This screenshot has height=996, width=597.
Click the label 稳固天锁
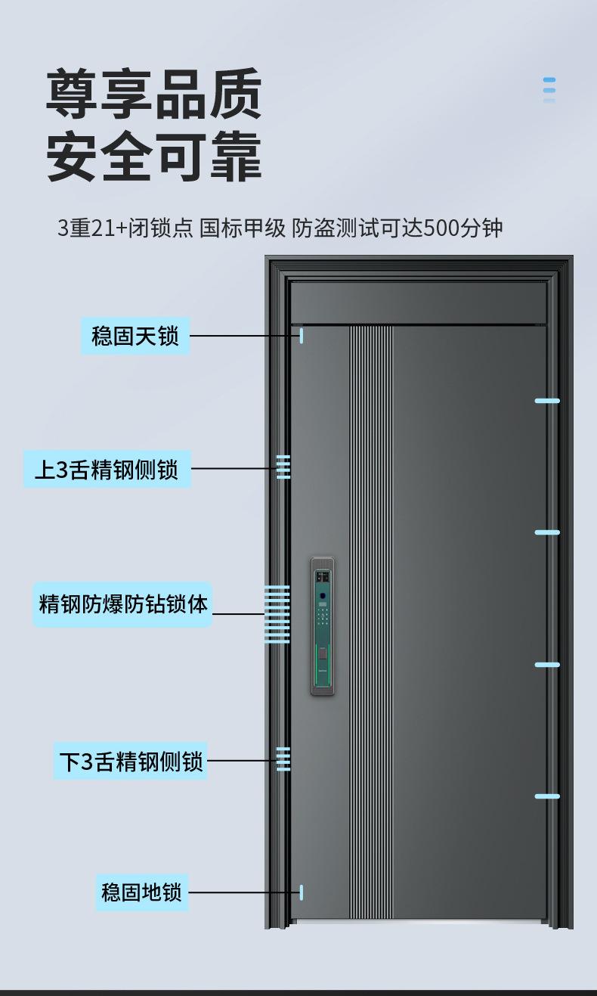(x=135, y=336)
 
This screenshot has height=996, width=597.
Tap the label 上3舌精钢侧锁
(x=107, y=469)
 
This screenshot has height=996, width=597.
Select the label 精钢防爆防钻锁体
(x=122, y=604)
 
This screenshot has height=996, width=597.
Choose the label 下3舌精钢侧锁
(x=131, y=761)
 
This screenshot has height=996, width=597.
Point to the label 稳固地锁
(x=141, y=892)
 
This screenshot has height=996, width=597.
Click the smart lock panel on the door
(x=322, y=626)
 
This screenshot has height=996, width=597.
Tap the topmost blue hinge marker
(x=547, y=401)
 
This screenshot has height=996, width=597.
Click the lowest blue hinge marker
(x=547, y=796)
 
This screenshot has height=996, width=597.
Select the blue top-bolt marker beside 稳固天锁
(x=302, y=336)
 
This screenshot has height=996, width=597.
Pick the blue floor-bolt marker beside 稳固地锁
(x=302, y=892)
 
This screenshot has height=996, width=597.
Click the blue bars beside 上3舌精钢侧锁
(x=283, y=467)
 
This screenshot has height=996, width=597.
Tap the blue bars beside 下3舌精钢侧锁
(x=283, y=759)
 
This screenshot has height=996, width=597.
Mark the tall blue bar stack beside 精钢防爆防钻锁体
(x=277, y=614)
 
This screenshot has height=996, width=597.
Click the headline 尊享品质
(x=154, y=94)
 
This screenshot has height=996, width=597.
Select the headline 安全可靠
(x=154, y=157)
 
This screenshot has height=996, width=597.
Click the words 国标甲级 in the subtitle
(x=243, y=228)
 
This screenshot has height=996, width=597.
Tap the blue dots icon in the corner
(x=549, y=89)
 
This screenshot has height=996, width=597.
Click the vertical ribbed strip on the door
(x=371, y=620)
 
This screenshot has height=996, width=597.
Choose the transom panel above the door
(x=418, y=303)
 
